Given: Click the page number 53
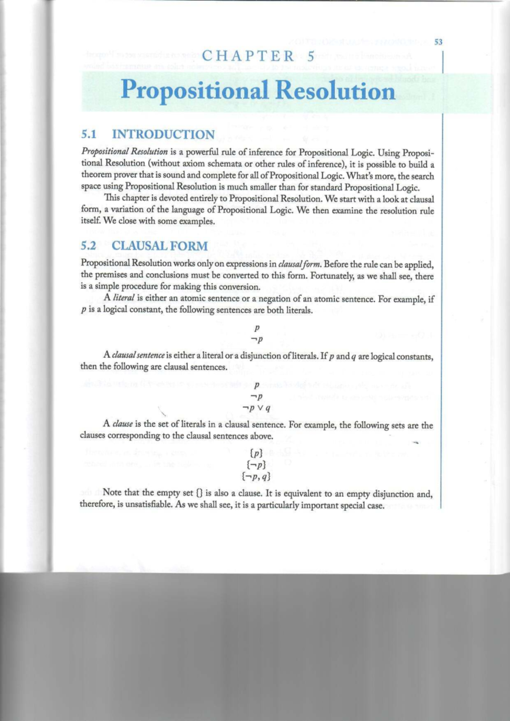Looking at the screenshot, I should (x=438, y=42).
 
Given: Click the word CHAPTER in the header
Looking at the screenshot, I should (x=248, y=56).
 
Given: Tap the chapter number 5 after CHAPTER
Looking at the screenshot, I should (x=311, y=56).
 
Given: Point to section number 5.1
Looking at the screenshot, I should (x=89, y=134).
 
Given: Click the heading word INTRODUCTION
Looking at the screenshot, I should (x=163, y=134).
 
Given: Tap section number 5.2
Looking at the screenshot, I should (x=88, y=246).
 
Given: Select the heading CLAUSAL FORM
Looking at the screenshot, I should (x=160, y=246).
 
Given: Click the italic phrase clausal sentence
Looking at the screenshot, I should (x=138, y=355).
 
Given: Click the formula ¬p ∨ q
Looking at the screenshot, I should (x=256, y=408).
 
